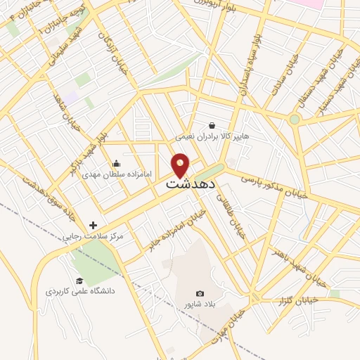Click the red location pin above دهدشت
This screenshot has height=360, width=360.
[181, 166]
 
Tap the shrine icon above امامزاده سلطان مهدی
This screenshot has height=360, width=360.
[115, 163]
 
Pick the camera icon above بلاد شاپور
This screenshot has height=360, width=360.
[200, 293]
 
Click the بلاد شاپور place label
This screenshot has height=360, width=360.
[200, 304]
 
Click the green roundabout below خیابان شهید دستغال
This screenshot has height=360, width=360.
[295, 120]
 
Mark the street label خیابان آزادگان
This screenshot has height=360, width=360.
[112, 51]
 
